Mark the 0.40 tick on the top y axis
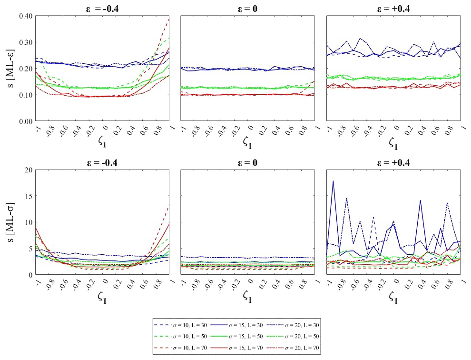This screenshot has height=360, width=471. point(25,16)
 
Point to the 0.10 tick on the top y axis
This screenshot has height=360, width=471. point(25,95)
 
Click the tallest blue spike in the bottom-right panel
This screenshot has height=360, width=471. point(333,181)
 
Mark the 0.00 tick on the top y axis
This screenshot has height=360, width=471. point(25,121)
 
